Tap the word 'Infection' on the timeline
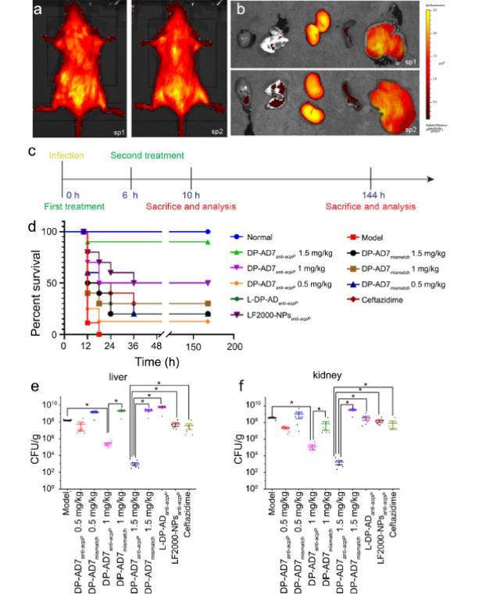click(66, 155)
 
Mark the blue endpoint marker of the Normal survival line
click(207, 232)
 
